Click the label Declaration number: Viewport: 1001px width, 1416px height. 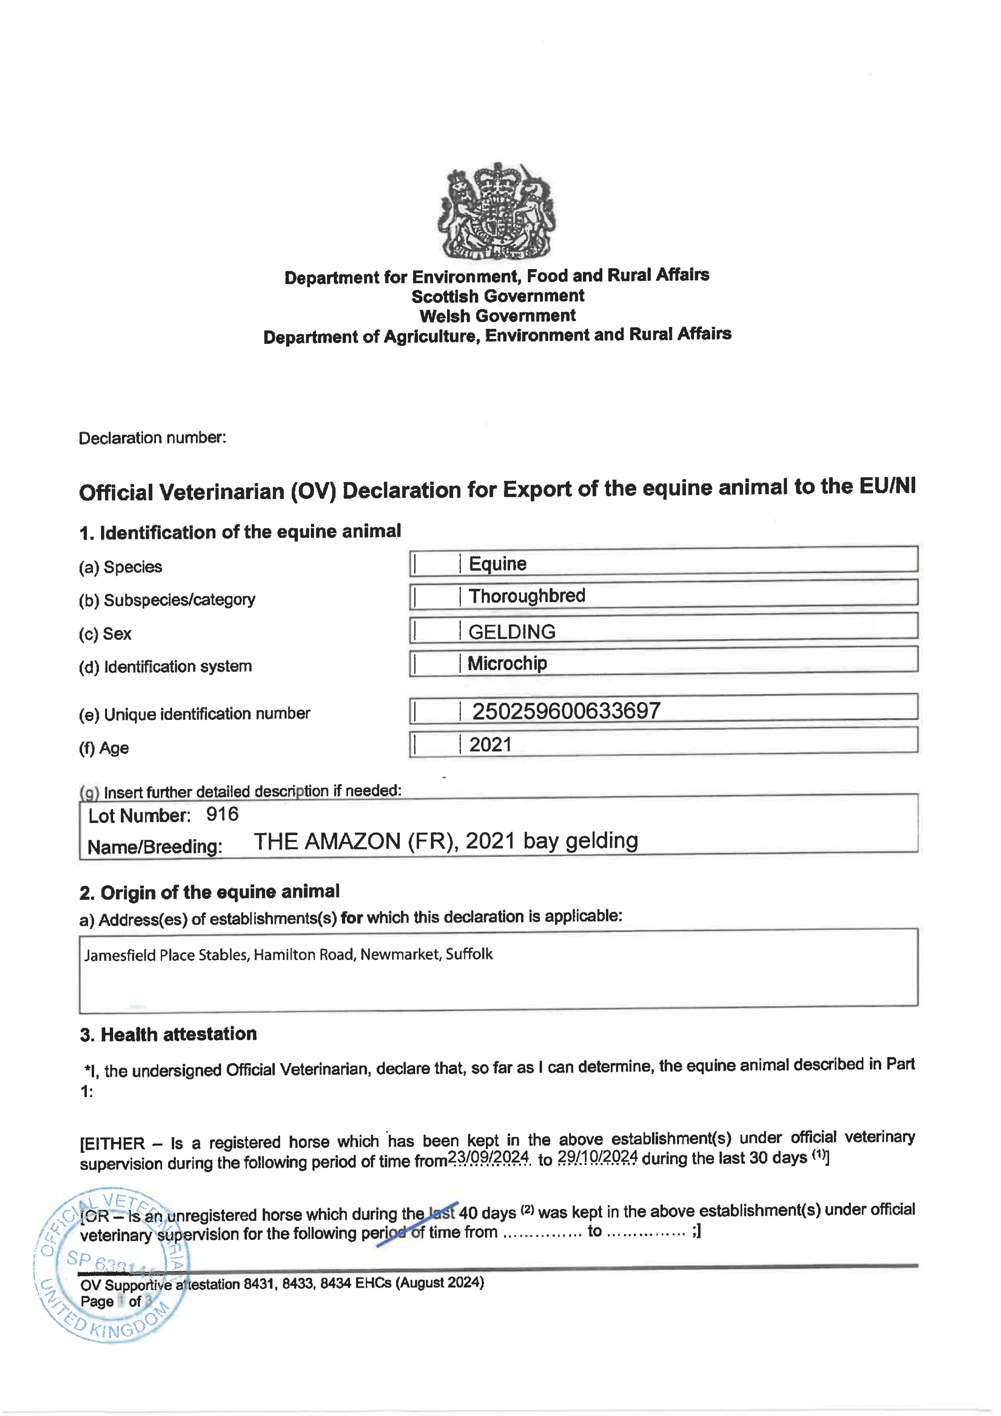[x=152, y=438]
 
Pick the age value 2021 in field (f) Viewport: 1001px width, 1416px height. [x=490, y=745]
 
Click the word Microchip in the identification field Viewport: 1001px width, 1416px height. [x=507, y=664]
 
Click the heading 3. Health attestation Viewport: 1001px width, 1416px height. [x=168, y=1034]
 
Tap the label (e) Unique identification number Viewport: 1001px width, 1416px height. [x=194, y=714]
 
